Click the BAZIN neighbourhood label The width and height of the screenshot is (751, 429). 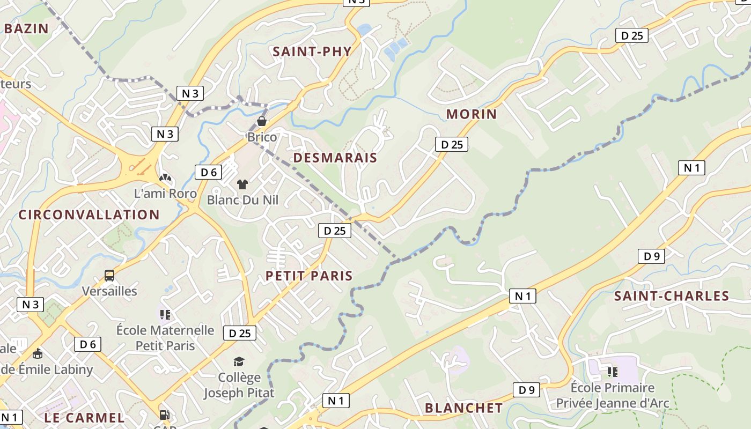coord(26,28)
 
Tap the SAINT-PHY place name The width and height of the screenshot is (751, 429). coord(312,51)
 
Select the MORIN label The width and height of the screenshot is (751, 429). coord(472,114)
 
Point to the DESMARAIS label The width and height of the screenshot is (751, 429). coord(335,158)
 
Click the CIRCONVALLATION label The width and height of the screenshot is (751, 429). coord(89,214)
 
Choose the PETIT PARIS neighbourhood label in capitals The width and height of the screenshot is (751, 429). coord(310,276)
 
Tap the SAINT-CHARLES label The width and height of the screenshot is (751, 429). coord(672,296)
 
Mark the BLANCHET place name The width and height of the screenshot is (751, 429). coord(464,408)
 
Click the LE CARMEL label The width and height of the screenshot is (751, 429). coord(84,417)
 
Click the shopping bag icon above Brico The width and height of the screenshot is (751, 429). coord(262,121)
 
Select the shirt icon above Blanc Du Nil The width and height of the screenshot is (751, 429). coord(242,184)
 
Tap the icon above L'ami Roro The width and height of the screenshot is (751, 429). coord(165,177)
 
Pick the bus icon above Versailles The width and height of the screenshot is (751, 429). coord(109,276)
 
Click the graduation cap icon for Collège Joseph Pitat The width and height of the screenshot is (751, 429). coord(239,362)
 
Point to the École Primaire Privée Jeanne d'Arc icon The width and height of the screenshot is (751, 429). coord(613,371)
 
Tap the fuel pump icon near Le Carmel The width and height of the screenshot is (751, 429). coord(164,415)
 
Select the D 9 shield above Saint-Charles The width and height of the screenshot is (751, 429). coord(651,256)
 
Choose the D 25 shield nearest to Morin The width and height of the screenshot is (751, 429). coord(451,144)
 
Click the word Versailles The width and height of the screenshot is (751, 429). coord(109,291)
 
